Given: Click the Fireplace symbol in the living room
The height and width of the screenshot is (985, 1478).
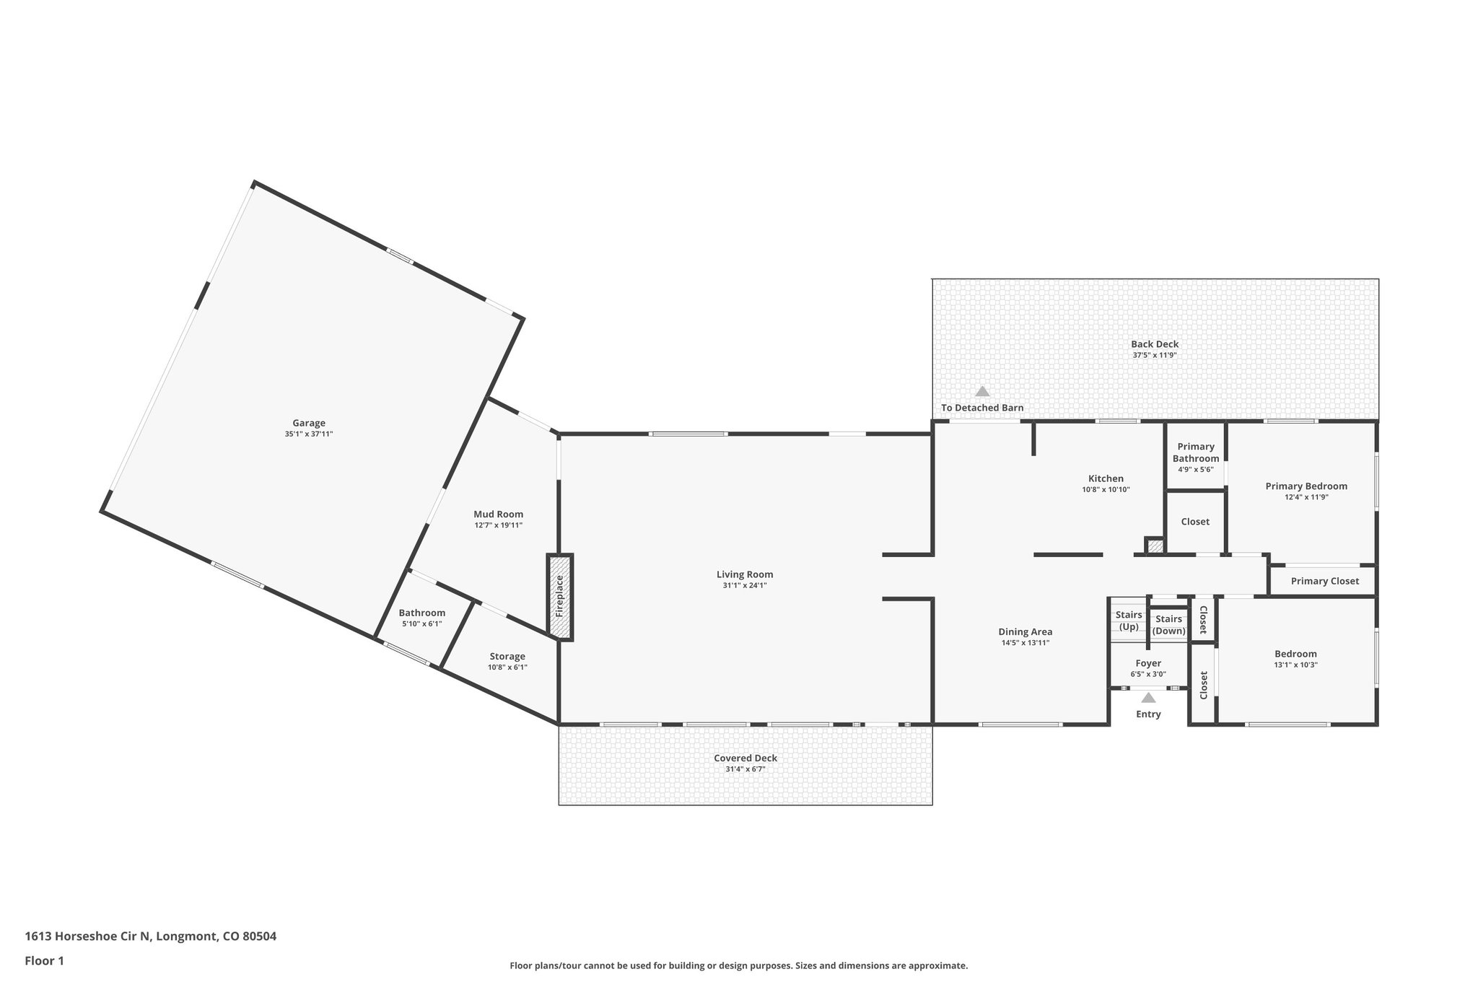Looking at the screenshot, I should (x=559, y=597).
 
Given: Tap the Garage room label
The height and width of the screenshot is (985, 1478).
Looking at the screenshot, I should (x=309, y=423).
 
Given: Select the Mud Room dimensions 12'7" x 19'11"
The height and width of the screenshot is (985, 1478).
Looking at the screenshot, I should (x=498, y=525).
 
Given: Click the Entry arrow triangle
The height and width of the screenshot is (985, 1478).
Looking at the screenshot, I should (x=1148, y=697).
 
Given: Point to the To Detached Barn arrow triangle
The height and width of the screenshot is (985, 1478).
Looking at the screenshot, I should (x=981, y=391).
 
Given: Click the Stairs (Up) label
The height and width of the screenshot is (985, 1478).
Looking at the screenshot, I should (x=1129, y=621).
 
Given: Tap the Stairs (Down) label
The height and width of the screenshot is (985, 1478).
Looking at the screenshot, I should (x=1168, y=625).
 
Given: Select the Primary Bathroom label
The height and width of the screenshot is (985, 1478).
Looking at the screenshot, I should (x=1196, y=452).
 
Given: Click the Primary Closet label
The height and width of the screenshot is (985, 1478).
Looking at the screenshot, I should (x=1324, y=581).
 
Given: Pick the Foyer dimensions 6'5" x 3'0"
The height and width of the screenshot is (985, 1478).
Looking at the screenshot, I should (x=1148, y=675).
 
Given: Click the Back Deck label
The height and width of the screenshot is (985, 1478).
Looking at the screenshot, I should (x=1155, y=344).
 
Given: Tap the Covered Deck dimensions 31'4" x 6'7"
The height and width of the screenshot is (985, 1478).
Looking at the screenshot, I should (x=745, y=769).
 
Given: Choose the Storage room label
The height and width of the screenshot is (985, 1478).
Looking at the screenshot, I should (x=507, y=656).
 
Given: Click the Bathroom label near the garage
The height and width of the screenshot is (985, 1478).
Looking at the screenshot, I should (x=422, y=613).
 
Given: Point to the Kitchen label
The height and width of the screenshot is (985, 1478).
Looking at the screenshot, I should (x=1106, y=478).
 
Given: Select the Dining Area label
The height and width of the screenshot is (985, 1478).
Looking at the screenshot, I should (x=1025, y=631).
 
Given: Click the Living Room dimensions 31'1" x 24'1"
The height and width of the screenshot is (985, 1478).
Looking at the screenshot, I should (x=745, y=586).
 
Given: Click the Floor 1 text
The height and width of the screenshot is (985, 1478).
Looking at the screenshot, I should (x=45, y=960).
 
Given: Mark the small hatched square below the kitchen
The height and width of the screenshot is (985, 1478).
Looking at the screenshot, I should (x=1155, y=546).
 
